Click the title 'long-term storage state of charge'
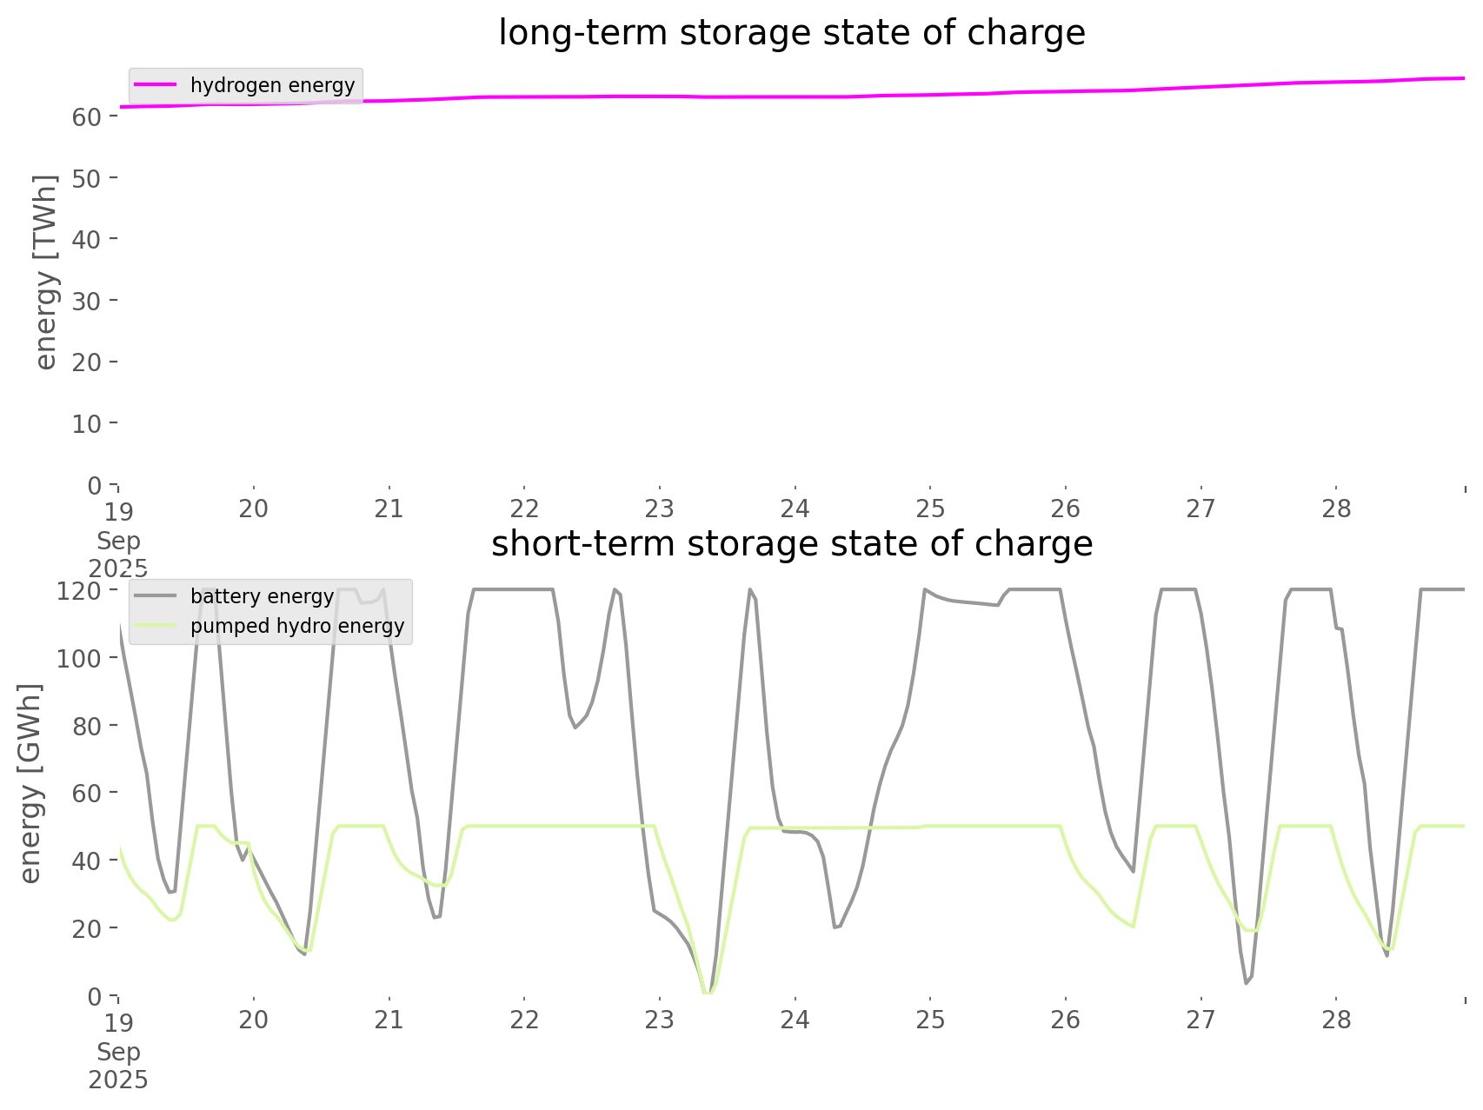[x=791, y=33]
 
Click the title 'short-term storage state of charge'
[x=791, y=544]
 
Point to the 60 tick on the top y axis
[x=87, y=116]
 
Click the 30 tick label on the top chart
[x=87, y=301]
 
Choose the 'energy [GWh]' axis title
[x=30, y=783]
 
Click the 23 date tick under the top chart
[x=660, y=508]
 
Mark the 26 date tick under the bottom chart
[x=1066, y=1020]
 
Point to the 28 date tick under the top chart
[x=1337, y=508]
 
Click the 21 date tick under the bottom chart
[x=389, y=1020]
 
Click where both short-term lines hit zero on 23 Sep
[x=708, y=993]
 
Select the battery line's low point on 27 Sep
[x=1247, y=982]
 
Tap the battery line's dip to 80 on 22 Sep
[x=575, y=728]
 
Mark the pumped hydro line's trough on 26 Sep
[x=1133, y=926]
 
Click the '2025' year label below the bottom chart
[x=118, y=1080]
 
